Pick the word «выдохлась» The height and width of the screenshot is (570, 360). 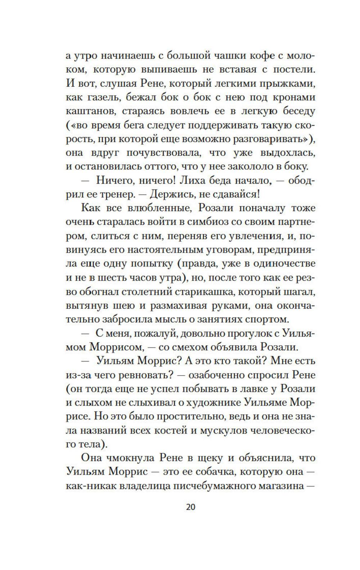(x=288, y=153)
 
